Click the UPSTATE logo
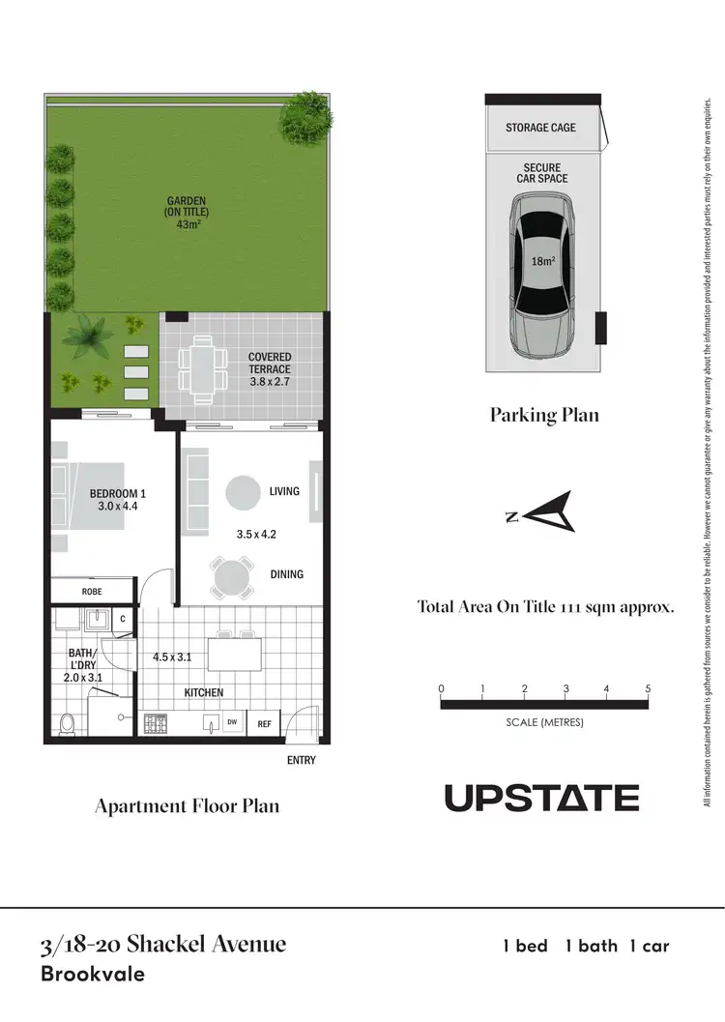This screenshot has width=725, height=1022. click(541, 798)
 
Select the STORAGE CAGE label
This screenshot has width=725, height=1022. click(540, 128)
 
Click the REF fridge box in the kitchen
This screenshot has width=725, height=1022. click(263, 722)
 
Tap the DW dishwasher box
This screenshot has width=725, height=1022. click(231, 722)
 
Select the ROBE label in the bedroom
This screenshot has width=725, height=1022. click(91, 592)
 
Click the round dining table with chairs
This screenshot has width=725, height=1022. click(232, 577)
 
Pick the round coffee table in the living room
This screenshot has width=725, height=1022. click(243, 492)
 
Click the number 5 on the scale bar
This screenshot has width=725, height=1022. click(648, 688)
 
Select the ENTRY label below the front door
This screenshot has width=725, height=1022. click(301, 760)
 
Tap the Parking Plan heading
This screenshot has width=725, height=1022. click(544, 416)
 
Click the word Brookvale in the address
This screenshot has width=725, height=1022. click(92, 974)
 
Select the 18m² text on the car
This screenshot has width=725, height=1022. click(542, 261)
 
